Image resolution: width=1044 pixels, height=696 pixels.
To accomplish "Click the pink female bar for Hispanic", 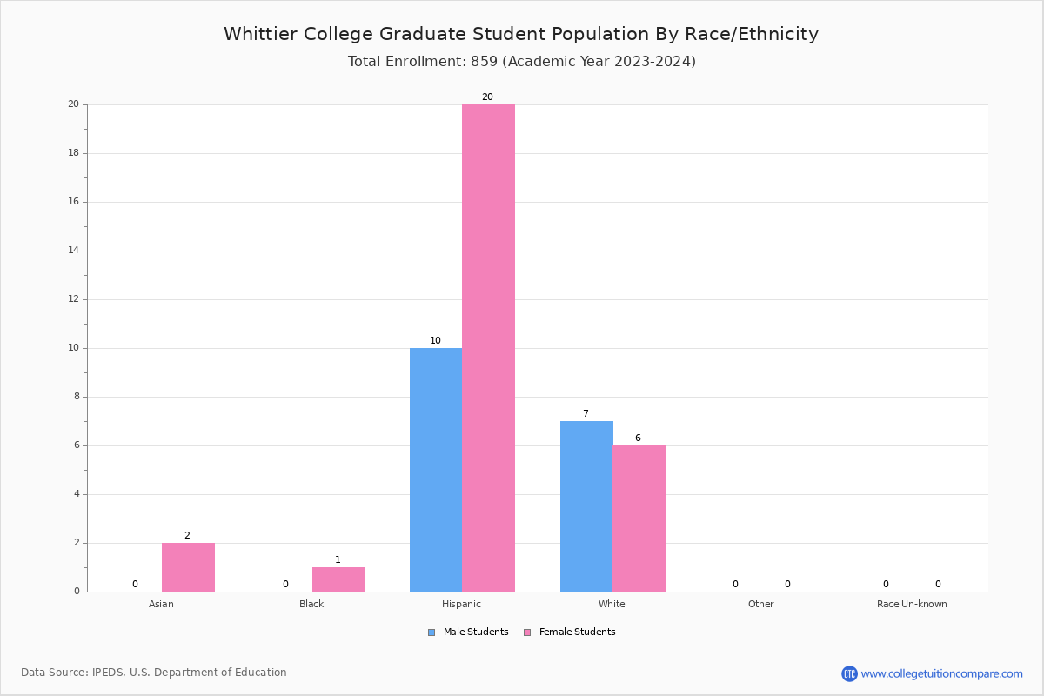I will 488,348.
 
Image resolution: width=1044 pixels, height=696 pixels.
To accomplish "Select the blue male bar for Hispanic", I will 436,470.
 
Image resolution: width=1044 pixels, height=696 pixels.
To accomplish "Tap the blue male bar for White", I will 586,506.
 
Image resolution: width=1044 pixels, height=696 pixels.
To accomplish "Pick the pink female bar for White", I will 639,519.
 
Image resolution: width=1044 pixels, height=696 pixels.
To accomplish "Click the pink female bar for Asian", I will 188,567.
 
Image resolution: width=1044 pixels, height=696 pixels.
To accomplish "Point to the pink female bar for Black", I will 338,579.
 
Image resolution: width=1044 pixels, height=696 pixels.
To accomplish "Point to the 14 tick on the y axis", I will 73,251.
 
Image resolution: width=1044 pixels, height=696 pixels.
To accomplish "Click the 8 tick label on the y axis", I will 76,397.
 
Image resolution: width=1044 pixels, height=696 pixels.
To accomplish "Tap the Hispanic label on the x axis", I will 461,604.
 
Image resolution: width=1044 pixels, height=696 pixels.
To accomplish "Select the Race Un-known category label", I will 912,604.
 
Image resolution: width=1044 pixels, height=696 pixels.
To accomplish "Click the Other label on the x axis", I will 760,604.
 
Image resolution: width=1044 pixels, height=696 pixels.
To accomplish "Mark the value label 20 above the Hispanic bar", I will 487,97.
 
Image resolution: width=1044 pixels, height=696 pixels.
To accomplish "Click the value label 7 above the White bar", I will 586,414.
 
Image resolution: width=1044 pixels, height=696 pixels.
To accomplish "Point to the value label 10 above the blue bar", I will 435,341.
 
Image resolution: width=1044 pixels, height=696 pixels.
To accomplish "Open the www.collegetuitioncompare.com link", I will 941,673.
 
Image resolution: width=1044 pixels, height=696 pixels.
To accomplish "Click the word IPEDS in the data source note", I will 108,673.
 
